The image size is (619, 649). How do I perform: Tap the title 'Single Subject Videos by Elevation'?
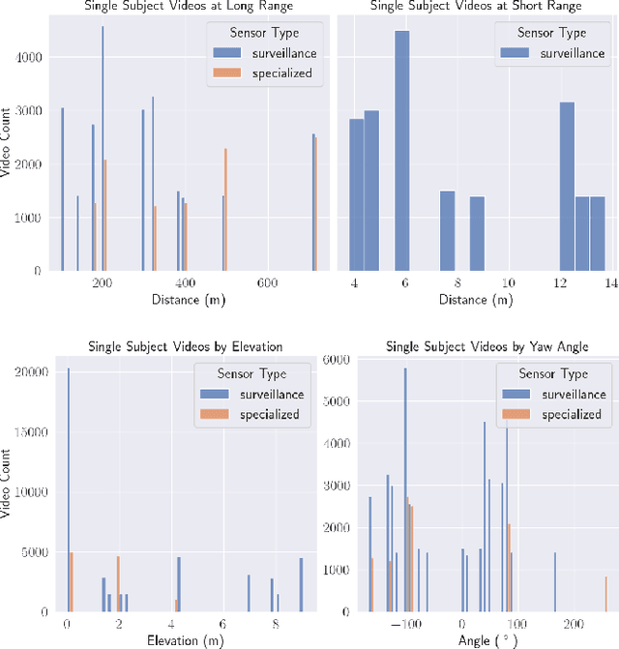pos(185,346)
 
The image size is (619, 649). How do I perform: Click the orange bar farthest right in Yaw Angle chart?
pos(606,594)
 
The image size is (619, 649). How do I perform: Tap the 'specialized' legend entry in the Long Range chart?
pos(277,73)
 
